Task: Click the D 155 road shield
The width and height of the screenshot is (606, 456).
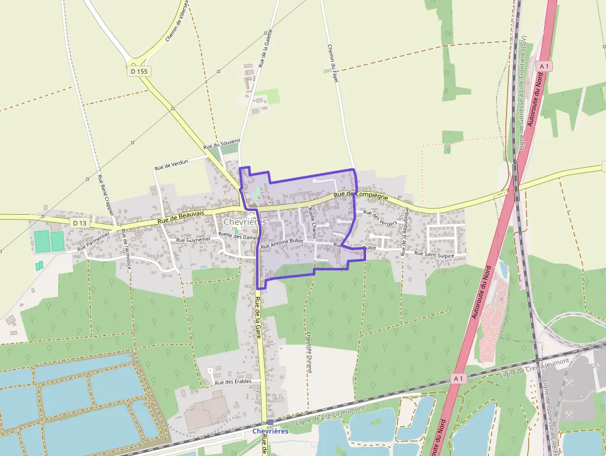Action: [x=140, y=71]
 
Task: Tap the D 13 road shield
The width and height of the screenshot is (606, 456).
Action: [x=79, y=223]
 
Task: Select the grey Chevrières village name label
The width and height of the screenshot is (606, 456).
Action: [x=244, y=222]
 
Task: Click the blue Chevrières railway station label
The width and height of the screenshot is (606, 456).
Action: [x=270, y=431]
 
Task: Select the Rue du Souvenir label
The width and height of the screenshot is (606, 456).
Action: [x=221, y=144]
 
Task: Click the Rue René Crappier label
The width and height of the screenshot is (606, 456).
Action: [x=106, y=195]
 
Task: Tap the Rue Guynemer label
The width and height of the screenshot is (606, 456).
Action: [x=194, y=239]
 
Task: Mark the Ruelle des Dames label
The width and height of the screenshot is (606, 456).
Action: [x=238, y=236]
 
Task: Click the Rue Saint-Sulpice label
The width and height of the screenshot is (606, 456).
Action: [x=434, y=254]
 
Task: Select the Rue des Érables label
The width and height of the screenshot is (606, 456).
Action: [x=233, y=382]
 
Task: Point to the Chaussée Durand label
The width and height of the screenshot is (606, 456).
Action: [x=309, y=352]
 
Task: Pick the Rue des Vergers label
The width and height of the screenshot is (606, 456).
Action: [x=380, y=217]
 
